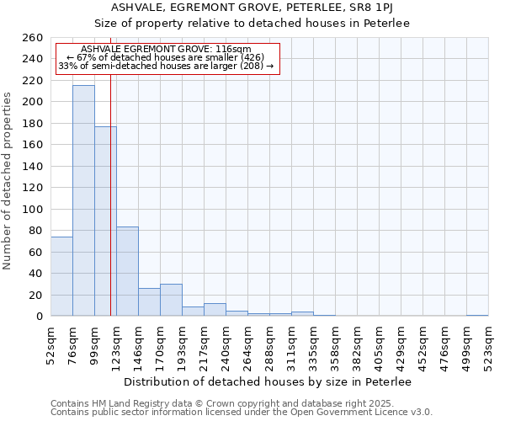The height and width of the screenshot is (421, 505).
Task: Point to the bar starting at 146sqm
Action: click(x=149, y=302)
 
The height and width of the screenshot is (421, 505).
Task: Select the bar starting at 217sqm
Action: click(x=215, y=310)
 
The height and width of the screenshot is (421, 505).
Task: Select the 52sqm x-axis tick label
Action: click(x=50, y=342)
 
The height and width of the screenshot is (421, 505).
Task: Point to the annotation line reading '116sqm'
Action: click(x=167, y=50)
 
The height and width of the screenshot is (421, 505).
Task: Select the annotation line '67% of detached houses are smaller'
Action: click(x=165, y=57)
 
